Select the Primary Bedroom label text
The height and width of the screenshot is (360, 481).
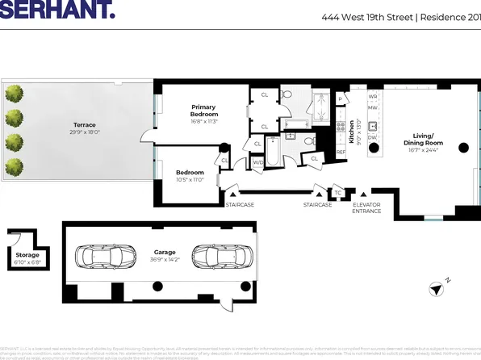(x=203, y=111)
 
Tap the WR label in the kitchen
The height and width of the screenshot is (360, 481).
(x=373, y=96)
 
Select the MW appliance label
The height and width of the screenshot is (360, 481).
(x=373, y=107)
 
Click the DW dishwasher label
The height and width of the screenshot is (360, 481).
(x=373, y=138)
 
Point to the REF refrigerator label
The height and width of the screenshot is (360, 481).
(x=341, y=152)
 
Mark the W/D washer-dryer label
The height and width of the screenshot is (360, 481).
(x=258, y=162)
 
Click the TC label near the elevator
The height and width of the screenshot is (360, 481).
(x=339, y=190)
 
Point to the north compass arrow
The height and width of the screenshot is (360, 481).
(x=437, y=288)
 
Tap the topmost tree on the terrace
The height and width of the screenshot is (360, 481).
(x=14, y=94)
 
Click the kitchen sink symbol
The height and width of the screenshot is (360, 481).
(x=373, y=125)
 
